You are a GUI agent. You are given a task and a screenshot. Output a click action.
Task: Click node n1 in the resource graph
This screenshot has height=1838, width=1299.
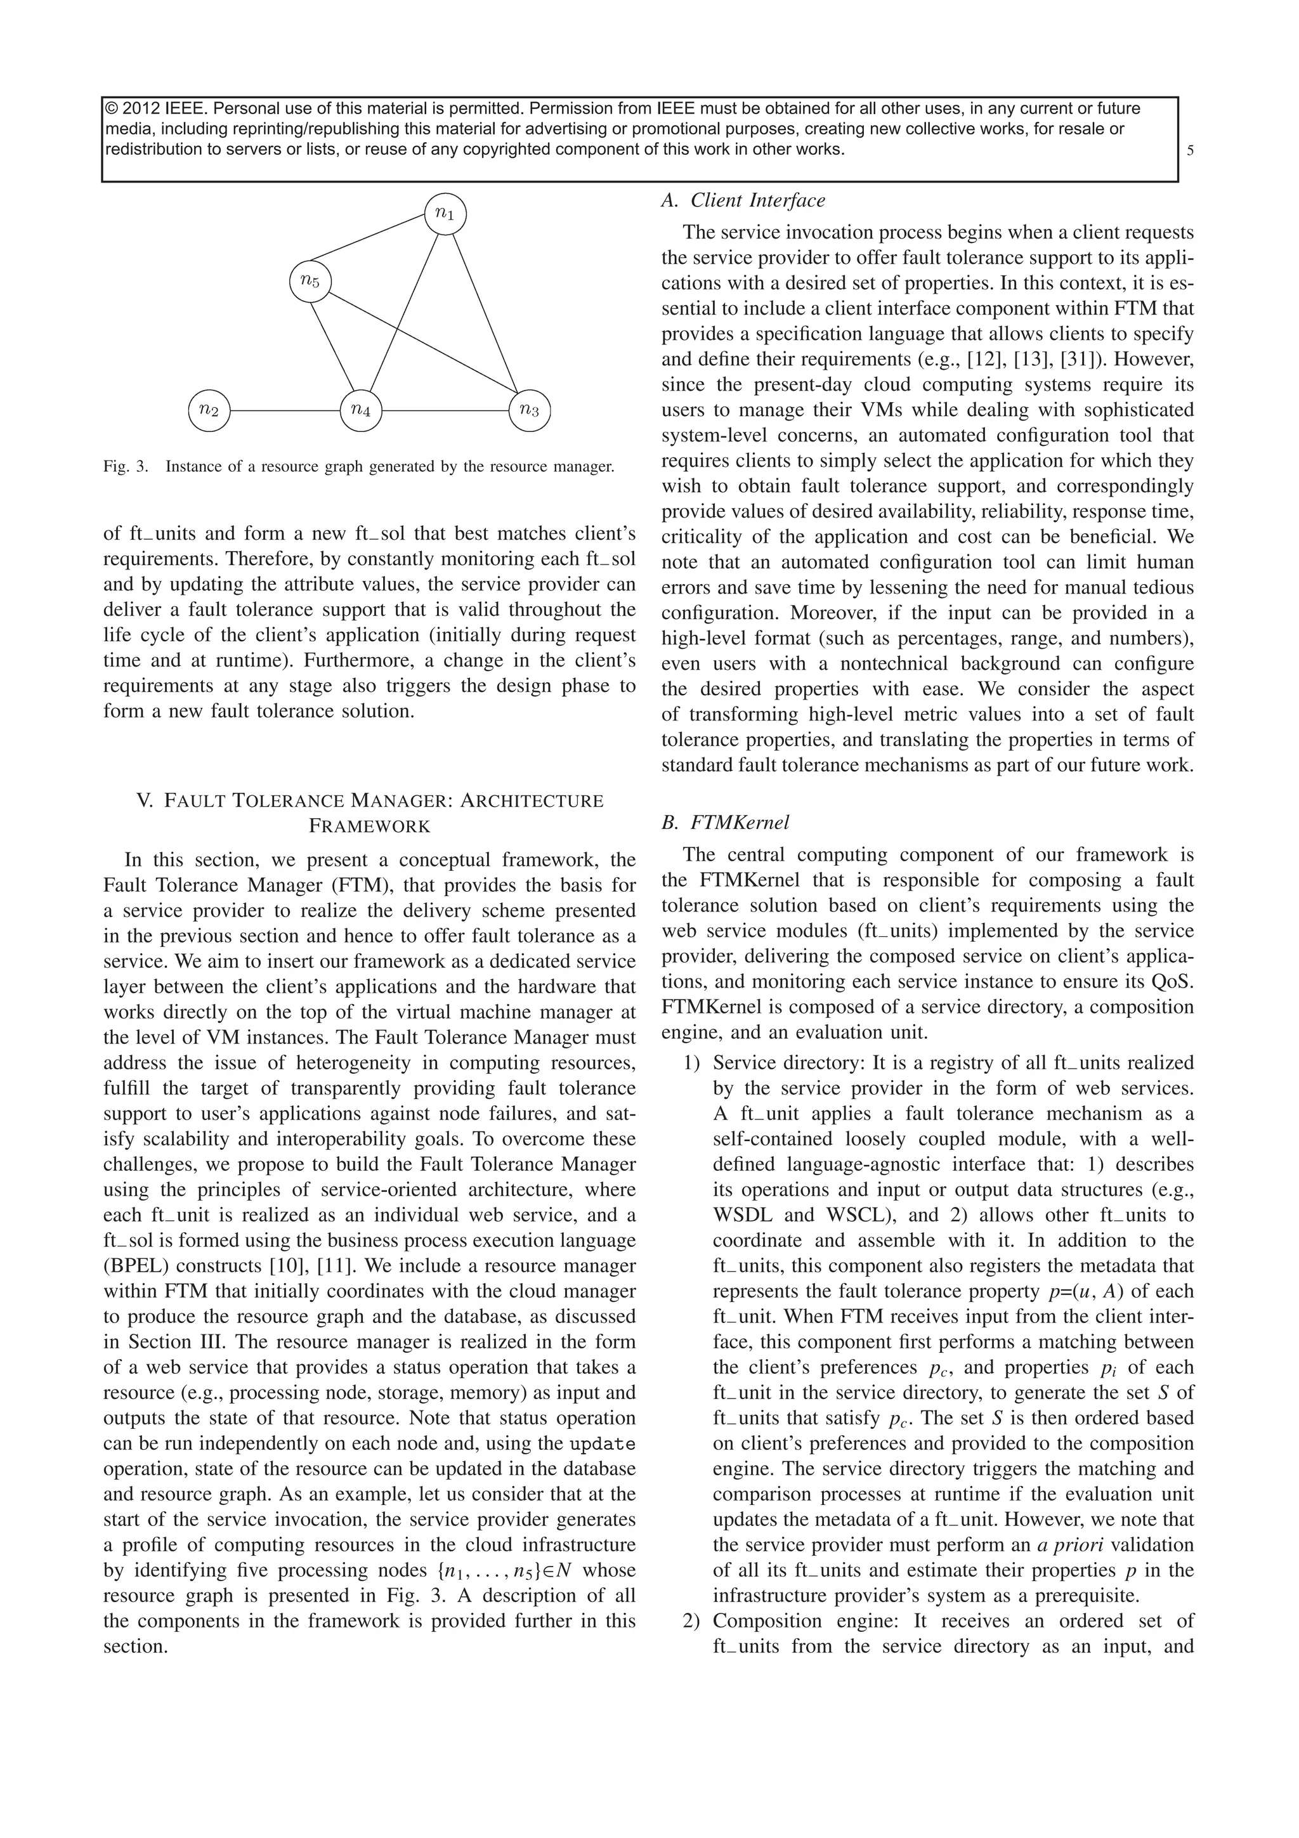coord(445,214)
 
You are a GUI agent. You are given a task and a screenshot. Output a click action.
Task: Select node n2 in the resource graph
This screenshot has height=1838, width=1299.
coord(209,411)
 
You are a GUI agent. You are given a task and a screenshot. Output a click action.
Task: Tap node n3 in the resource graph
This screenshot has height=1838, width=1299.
coord(530,411)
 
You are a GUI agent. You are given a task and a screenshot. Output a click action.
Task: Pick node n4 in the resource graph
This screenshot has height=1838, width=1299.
coord(361,411)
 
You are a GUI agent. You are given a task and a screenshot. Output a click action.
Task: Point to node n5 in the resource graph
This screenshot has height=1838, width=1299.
coord(310,281)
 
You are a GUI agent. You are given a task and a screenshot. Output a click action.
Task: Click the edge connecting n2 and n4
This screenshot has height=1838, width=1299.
coord(285,411)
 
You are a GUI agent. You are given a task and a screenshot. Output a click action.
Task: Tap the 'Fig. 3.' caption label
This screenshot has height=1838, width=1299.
coord(126,467)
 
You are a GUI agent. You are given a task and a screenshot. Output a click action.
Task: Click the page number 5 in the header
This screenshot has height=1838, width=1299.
coord(1190,150)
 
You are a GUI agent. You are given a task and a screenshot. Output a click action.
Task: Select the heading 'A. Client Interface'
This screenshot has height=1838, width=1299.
coord(742,201)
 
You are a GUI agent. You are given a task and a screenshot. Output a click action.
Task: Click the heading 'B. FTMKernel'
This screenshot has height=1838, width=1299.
coord(724,822)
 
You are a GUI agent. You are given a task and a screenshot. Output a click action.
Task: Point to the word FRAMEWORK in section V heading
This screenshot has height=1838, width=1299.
coord(369,826)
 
